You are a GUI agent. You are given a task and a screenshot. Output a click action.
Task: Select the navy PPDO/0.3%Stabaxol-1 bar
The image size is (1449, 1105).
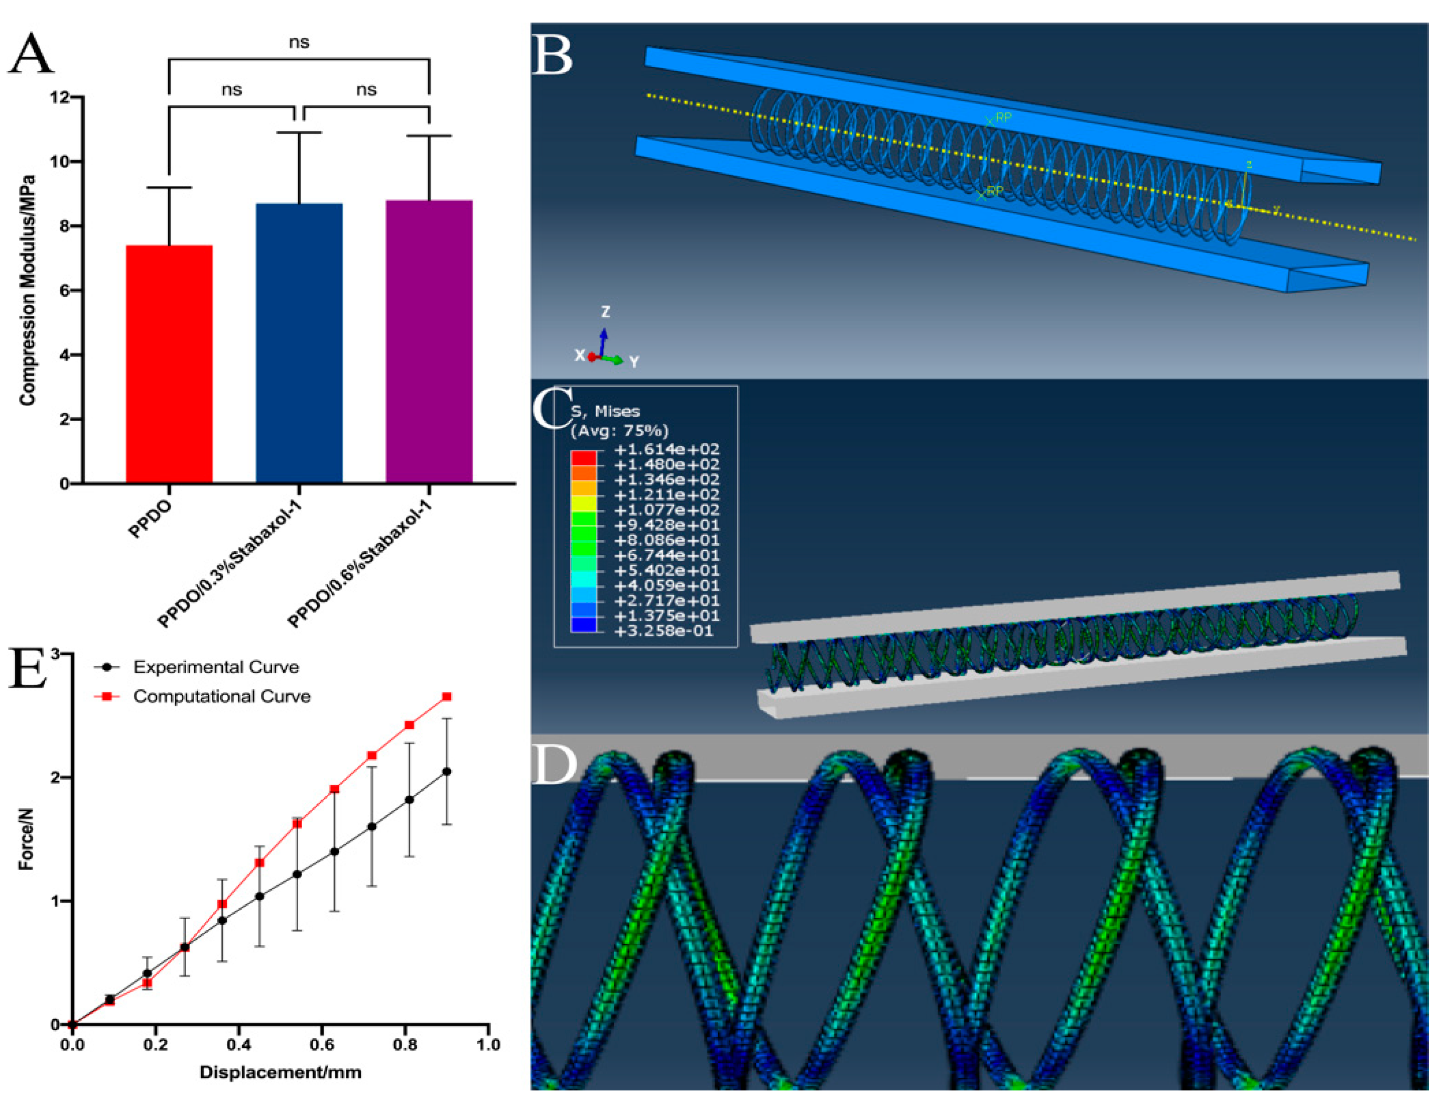[299, 343]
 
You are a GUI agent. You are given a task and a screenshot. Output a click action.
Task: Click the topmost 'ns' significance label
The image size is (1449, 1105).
[299, 42]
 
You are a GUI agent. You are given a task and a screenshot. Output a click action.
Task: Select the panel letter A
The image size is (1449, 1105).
[31, 54]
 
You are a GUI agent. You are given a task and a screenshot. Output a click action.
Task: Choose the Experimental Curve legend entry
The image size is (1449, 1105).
[216, 667]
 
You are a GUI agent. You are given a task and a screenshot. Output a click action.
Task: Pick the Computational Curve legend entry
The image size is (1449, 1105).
[221, 696]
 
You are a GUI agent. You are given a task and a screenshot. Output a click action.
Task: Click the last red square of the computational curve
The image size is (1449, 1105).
[446, 696]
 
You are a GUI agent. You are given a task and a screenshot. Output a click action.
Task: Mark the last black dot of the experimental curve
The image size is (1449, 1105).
[446, 772]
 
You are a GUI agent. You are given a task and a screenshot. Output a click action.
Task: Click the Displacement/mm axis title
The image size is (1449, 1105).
[280, 1072]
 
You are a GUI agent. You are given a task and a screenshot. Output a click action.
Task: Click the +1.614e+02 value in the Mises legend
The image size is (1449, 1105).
[667, 449]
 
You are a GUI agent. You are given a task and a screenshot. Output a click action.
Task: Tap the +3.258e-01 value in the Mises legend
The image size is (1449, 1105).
[663, 631]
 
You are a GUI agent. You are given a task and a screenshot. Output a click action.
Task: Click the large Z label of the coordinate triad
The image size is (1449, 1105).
[605, 311]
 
